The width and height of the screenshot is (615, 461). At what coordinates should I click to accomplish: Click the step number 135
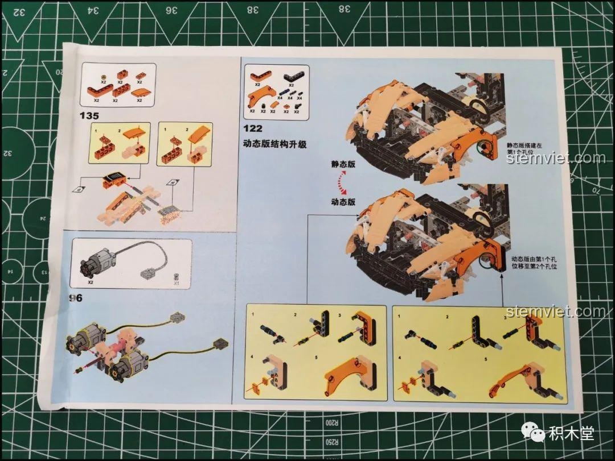point(90,115)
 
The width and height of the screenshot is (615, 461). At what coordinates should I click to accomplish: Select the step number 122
point(253,128)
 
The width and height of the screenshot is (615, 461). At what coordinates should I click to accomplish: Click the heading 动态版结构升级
point(275,144)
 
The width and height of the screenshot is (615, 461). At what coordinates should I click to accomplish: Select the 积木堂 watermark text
point(572,434)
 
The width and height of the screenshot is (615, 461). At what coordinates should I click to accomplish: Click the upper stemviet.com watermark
point(556,157)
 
